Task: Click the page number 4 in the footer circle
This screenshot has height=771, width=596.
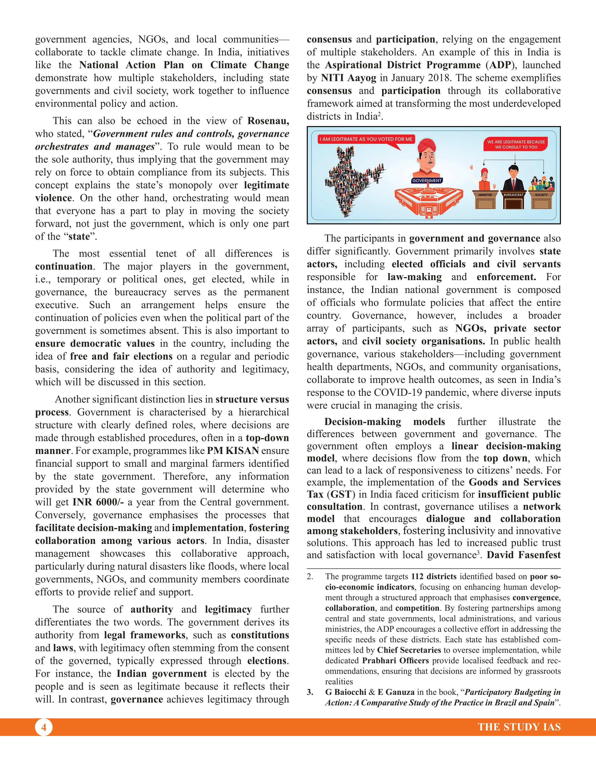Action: [x=44, y=727]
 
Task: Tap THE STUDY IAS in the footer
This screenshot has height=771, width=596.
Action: [x=519, y=727]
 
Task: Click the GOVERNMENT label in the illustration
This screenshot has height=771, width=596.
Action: [x=427, y=180]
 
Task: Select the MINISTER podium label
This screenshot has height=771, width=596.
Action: [x=485, y=195]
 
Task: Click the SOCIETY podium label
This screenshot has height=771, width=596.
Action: [x=541, y=195]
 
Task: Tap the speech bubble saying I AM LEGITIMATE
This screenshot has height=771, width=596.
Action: [x=366, y=139]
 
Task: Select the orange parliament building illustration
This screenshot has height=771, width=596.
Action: [x=427, y=201]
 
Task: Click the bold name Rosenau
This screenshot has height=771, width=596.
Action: [x=268, y=121]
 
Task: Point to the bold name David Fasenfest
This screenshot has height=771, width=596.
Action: [x=523, y=555]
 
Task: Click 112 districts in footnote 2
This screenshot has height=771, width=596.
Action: [x=434, y=576]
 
